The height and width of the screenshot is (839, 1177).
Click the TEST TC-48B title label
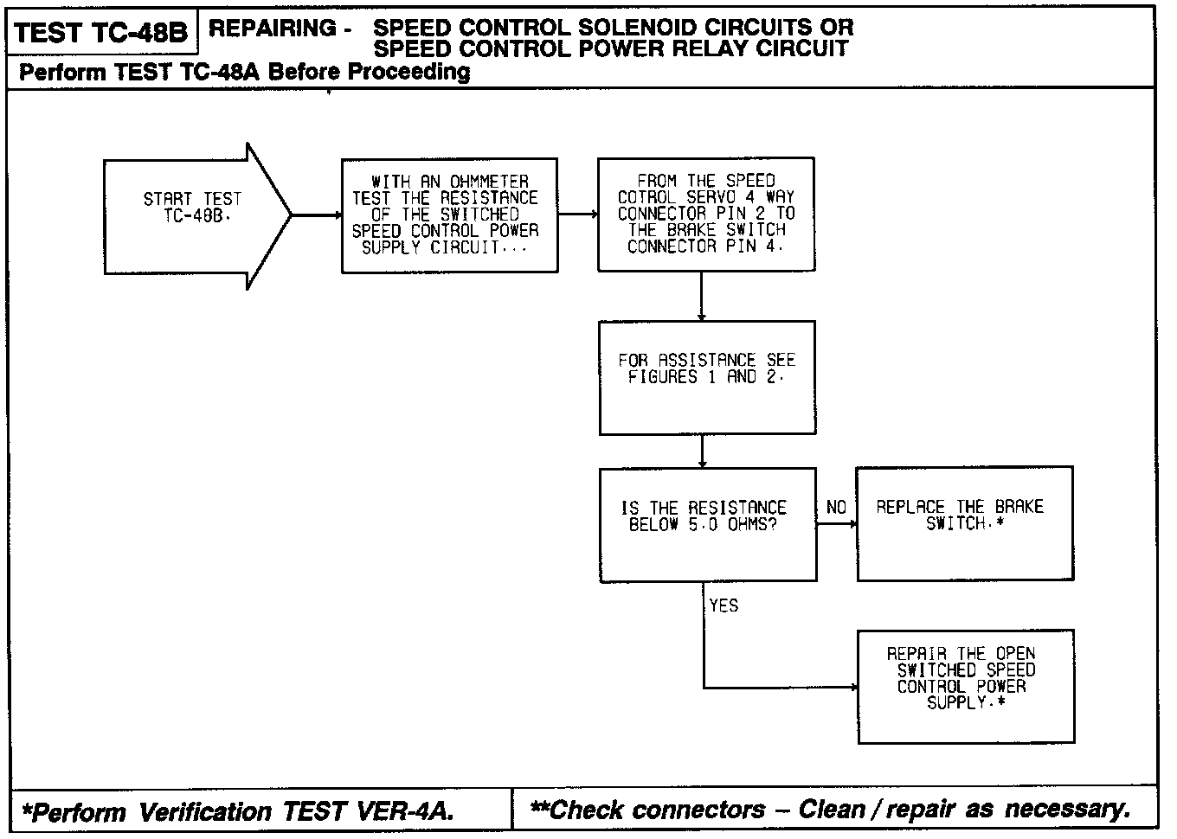pos(101,33)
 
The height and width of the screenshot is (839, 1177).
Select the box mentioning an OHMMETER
pos(449,215)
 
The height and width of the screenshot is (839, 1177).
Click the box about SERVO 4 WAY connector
pos(705,215)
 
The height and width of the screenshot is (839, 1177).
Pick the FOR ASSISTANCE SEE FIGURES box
pos(706,377)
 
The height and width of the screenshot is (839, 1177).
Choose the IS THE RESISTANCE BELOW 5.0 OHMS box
pos(707,524)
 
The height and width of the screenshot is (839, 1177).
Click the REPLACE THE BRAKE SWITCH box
pos(964,523)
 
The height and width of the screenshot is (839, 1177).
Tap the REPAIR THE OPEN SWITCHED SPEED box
pos(965,686)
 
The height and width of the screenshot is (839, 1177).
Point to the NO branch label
pos(836,508)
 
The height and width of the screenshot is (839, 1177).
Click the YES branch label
pos(724,605)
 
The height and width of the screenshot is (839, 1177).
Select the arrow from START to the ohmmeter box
pos(317,215)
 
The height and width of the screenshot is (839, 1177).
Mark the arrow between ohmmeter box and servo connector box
pos(578,214)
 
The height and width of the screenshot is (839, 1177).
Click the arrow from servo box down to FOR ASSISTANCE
pos(701,297)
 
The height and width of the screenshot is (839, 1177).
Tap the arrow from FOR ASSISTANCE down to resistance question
pos(702,451)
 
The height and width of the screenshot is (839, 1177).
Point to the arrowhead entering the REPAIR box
pos(853,688)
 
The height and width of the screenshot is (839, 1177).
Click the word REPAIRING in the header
pos(273,29)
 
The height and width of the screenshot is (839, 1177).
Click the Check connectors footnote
pos(830,810)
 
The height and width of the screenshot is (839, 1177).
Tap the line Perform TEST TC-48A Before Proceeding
pos(244,72)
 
